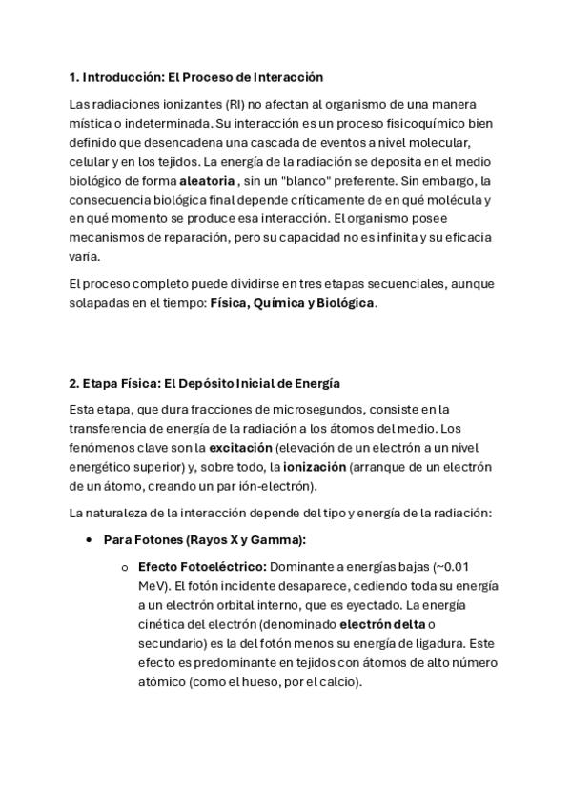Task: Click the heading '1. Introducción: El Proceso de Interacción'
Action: point(196,76)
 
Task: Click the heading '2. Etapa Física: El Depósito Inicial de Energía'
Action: point(204,383)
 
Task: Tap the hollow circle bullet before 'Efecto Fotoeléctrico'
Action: point(125,567)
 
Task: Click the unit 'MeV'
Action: point(153,585)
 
